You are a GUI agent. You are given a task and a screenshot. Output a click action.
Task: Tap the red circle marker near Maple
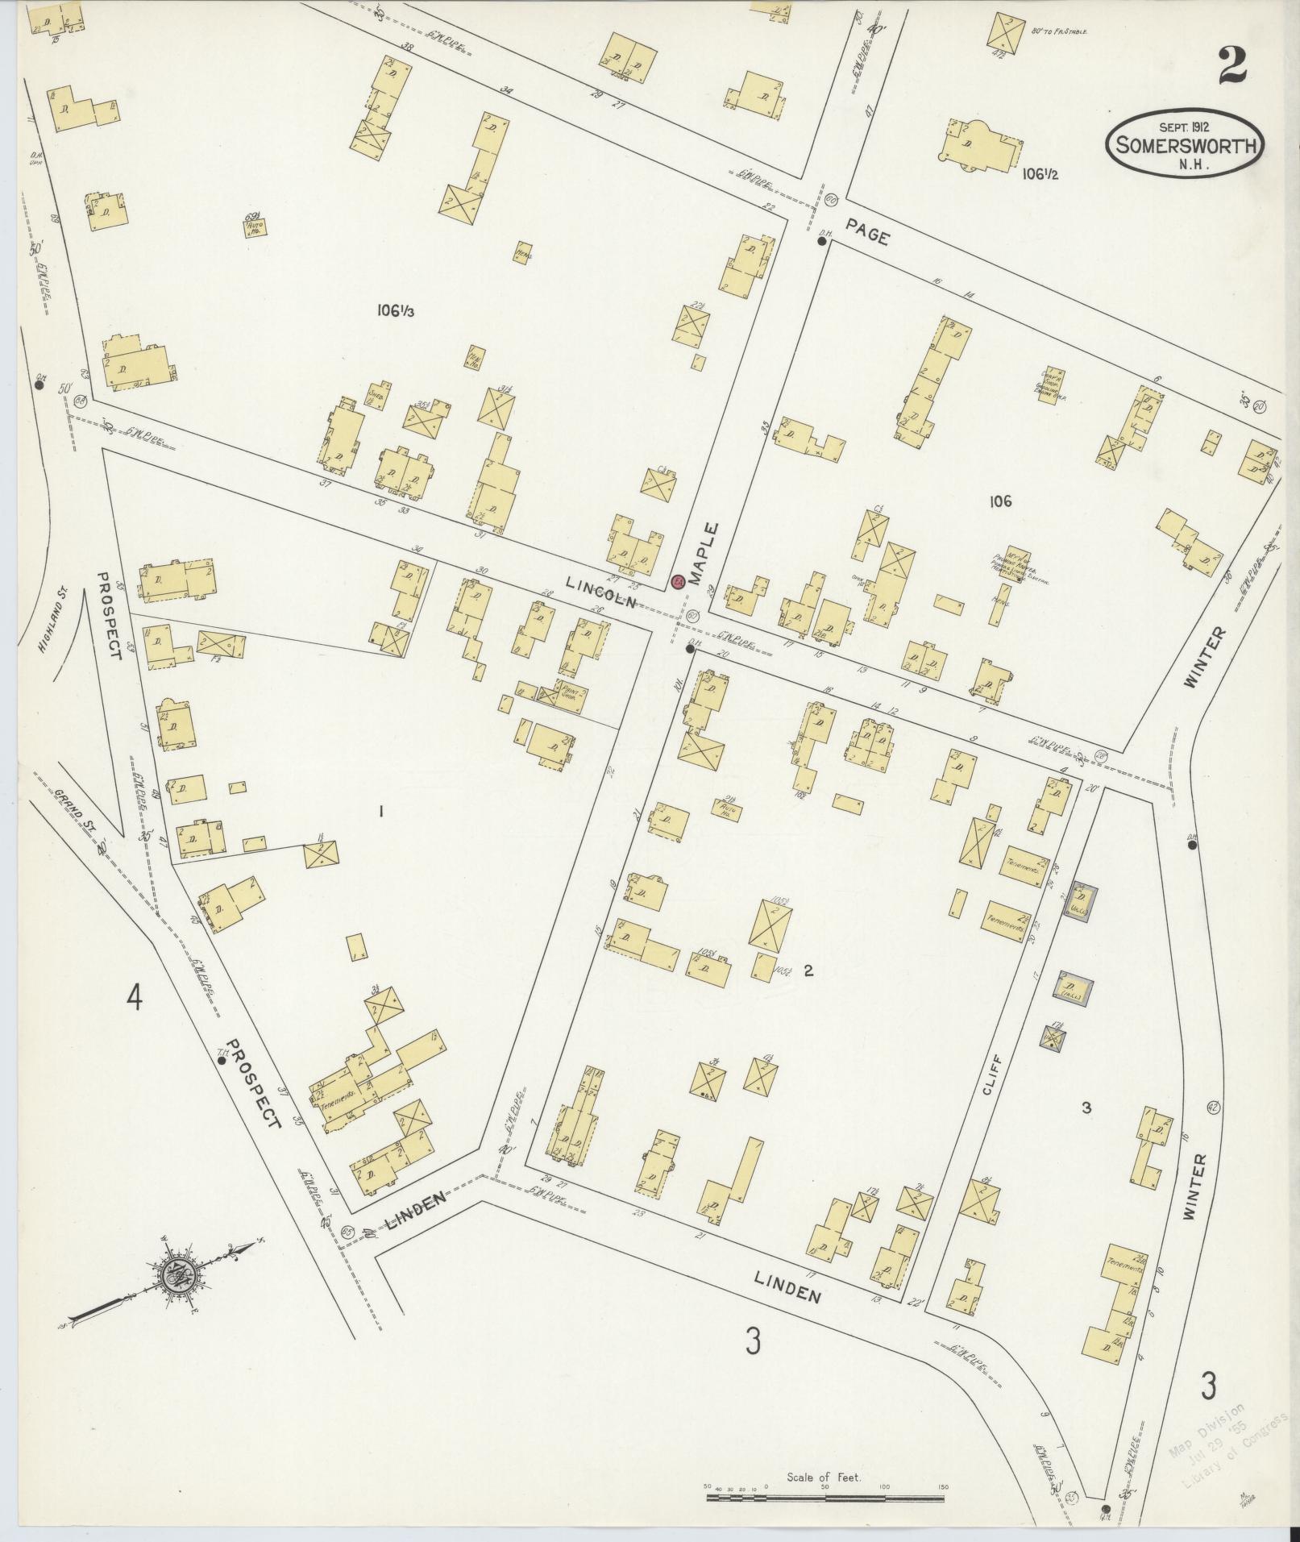point(678,581)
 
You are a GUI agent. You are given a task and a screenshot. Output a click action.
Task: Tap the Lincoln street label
point(600,592)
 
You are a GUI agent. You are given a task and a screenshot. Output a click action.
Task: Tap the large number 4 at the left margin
point(134,999)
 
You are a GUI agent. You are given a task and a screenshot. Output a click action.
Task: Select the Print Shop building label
point(573,692)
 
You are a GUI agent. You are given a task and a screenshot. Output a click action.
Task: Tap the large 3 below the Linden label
point(753,1341)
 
